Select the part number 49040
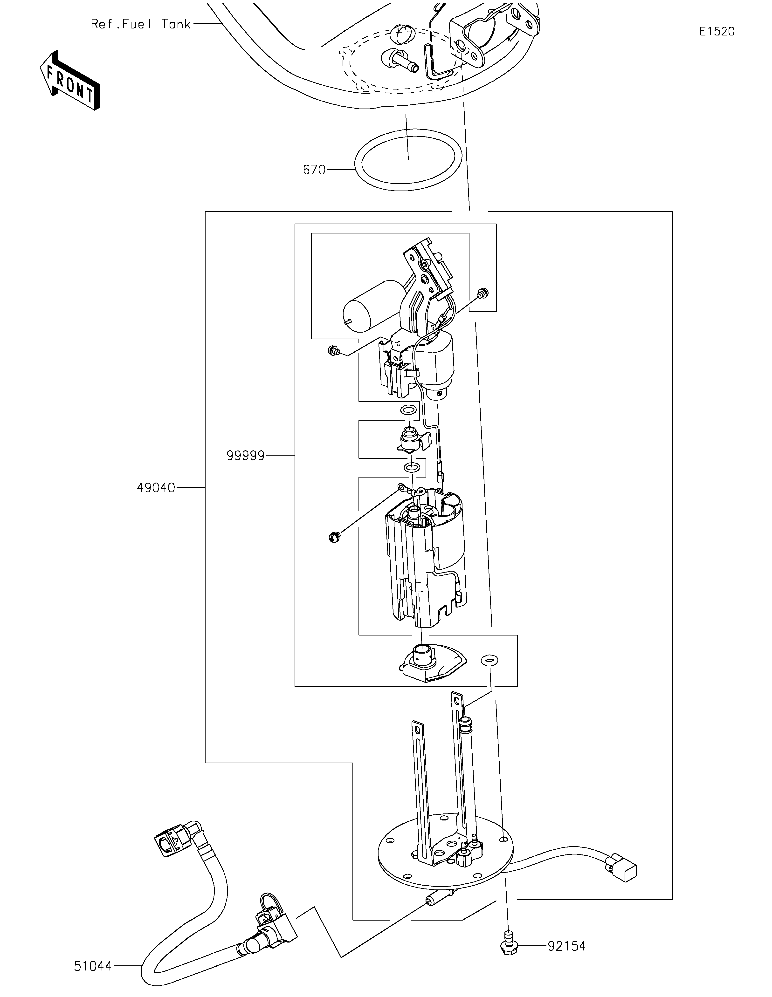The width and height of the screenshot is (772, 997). pos(156,488)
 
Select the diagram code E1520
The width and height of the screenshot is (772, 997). pos(717,32)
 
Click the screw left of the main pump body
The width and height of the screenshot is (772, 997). pos(334,537)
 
